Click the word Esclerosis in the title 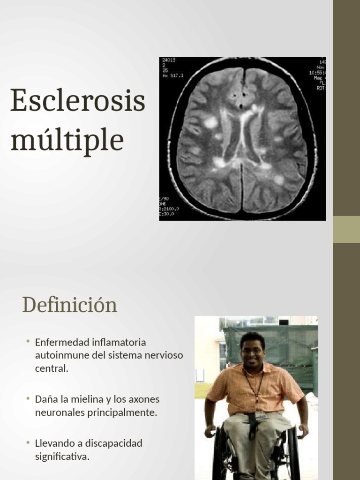click(x=78, y=100)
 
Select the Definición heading click(x=69, y=305)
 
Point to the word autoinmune click(x=62, y=355)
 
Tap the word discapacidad click(x=114, y=443)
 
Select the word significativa click(x=62, y=457)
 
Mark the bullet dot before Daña click(x=28, y=398)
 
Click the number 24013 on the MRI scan click(x=168, y=60)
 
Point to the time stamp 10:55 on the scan click(x=317, y=73)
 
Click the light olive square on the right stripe click(x=346, y=229)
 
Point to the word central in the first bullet click(x=52, y=368)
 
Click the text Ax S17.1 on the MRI click(x=172, y=75)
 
